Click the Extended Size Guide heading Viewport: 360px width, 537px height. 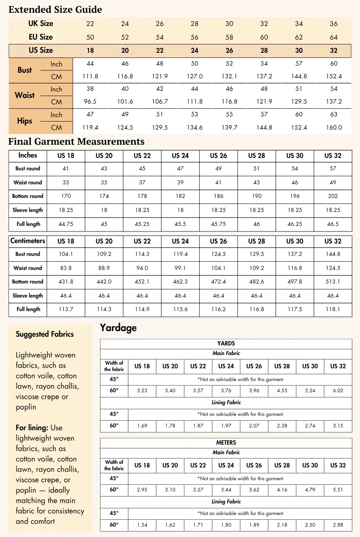[x=55, y=10]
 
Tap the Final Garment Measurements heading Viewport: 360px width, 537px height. [x=76, y=142]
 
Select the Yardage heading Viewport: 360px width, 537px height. [x=118, y=328]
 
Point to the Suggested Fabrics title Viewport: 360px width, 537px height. [x=45, y=334]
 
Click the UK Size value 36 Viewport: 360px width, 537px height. [x=334, y=24]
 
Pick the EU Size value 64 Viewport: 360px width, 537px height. [x=334, y=37]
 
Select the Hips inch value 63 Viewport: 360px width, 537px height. [x=334, y=114]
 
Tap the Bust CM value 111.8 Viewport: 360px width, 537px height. [x=90, y=76]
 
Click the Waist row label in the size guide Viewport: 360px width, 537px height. [x=25, y=95]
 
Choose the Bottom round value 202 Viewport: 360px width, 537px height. [x=333, y=196]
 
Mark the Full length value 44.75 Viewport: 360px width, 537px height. [x=66, y=224]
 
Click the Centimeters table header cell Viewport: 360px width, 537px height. [x=28, y=241]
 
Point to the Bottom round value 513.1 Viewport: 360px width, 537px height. [x=333, y=281]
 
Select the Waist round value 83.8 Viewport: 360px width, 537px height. [x=66, y=268]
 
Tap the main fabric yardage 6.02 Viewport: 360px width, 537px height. [x=338, y=391]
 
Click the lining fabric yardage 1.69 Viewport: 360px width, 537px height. [x=142, y=426]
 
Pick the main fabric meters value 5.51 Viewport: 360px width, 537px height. [x=338, y=489]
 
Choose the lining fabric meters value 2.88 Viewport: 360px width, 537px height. [x=338, y=525]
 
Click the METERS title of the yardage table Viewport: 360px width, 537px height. [x=226, y=443]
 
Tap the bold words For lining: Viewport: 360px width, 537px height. [x=32, y=427]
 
